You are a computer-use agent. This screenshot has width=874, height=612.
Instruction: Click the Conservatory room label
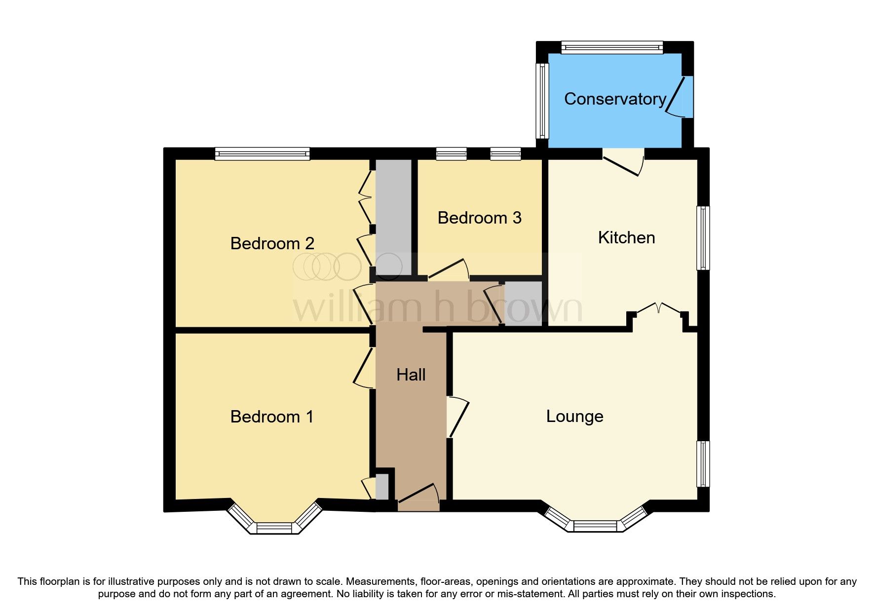pyautogui.click(x=615, y=99)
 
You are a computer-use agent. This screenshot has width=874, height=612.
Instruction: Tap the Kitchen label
pyautogui.click(x=626, y=238)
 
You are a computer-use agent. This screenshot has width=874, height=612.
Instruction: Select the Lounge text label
pyautogui.click(x=574, y=417)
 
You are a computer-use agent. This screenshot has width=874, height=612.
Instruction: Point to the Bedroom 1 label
pyautogui.click(x=271, y=417)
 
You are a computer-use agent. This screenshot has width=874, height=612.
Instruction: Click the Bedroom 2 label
pyautogui.click(x=272, y=243)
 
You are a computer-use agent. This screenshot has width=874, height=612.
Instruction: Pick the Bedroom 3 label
pyautogui.click(x=479, y=218)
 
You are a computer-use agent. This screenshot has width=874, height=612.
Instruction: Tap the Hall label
pyautogui.click(x=411, y=375)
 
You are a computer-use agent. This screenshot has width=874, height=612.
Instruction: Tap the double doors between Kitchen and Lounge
pyautogui.click(x=658, y=310)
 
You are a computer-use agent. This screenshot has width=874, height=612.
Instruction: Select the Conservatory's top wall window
pyautogui.click(x=612, y=48)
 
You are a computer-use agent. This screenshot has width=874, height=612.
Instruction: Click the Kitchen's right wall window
pyautogui.click(x=703, y=238)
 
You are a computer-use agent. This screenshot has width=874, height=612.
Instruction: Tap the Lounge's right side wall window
pyautogui.click(x=703, y=463)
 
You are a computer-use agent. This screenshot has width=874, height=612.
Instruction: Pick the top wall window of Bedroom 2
pyautogui.click(x=262, y=154)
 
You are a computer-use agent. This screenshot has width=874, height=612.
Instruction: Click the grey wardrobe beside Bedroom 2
pyautogui.click(x=393, y=217)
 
